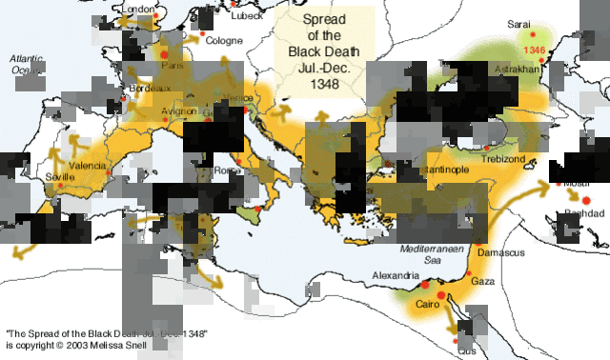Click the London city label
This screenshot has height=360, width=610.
coord(139,10)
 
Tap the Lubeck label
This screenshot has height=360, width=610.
coord(248,14)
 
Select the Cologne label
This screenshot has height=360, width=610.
coord(225,40)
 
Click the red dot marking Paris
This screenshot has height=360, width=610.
coord(164,55)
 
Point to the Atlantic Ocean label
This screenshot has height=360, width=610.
coord(27,64)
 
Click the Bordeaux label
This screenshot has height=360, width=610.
coord(150,88)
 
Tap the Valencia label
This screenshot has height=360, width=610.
coord(88,166)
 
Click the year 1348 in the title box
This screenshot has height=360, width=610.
coord(324,85)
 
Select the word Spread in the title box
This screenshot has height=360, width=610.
coord(324,20)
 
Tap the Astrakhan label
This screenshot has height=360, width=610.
coord(518,70)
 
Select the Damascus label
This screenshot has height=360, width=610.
coord(500,252)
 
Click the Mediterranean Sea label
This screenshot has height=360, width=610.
coord(431,253)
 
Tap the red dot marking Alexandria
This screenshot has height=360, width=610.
coord(425,285)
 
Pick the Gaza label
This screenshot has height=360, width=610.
coord(483,282)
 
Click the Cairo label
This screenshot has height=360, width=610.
coord(426,305)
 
